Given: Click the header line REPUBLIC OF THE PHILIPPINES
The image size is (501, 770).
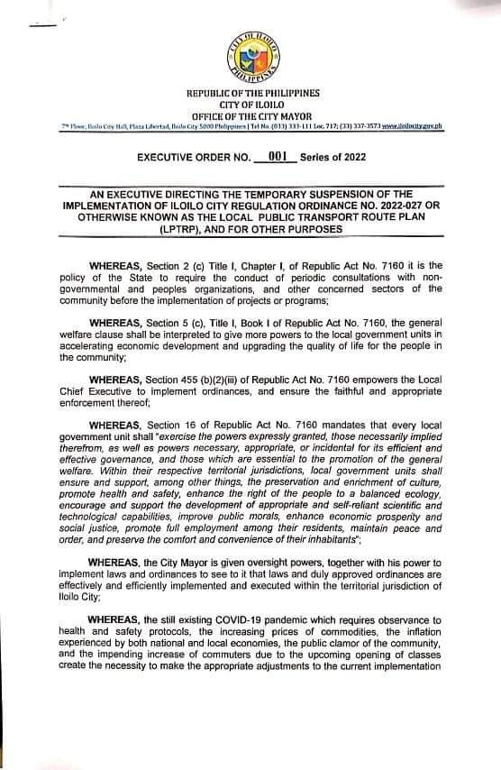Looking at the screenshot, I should (252, 94).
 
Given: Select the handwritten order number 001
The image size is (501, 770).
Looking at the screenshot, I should (278, 155).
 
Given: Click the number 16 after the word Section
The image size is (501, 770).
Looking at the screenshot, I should (183, 419).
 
